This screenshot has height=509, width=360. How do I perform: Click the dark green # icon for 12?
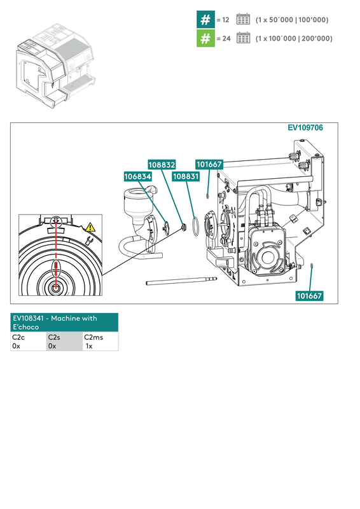(x=205, y=19)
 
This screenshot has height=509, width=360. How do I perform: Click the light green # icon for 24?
(x=205, y=38)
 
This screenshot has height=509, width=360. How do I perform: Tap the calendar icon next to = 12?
(x=243, y=19)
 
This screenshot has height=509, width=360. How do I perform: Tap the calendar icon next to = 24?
(x=243, y=38)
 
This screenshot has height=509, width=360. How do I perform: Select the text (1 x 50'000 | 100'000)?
(x=292, y=20)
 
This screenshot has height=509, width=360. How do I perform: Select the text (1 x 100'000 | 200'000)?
(x=294, y=39)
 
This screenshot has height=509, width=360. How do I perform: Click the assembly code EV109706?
(x=305, y=128)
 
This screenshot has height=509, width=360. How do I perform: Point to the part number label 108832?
(x=162, y=164)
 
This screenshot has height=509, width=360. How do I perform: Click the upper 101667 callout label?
(x=209, y=164)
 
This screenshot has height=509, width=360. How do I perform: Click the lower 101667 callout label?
(x=309, y=296)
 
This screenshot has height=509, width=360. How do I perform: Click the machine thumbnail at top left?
(x=55, y=64)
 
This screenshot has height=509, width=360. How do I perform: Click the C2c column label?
(x=18, y=337)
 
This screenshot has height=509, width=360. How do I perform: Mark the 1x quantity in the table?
(x=89, y=346)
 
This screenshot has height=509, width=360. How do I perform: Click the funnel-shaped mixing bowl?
(x=135, y=204)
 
